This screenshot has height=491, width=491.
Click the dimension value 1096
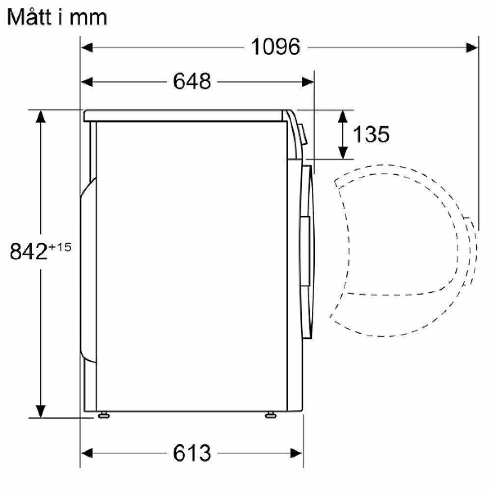click(x=275, y=47)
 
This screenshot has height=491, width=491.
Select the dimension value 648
click(x=192, y=82)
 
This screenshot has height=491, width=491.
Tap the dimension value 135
click(x=371, y=135)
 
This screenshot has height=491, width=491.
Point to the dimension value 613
click(x=192, y=453)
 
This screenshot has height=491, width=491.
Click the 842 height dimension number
click(x=28, y=251)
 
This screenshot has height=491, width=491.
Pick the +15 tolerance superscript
click(x=60, y=247)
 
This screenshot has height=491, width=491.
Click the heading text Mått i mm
click(x=57, y=17)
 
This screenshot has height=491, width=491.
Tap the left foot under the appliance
click(x=104, y=415)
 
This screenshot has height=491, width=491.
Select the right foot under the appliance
click(x=271, y=415)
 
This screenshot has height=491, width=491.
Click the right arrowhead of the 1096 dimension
click(x=472, y=48)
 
